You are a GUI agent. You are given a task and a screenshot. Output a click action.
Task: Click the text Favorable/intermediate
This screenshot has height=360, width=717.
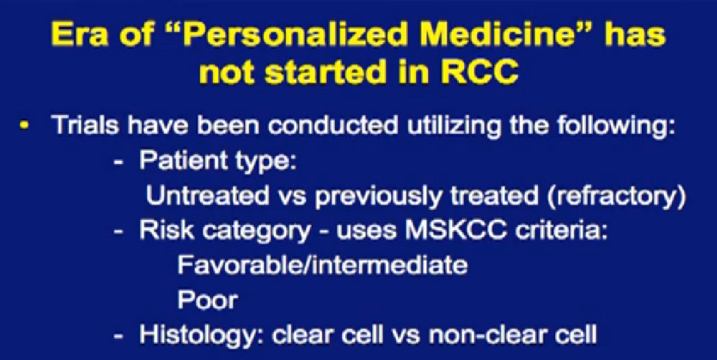click(x=323, y=266)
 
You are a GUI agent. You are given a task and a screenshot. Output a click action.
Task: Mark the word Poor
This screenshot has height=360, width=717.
click(x=208, y=301)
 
